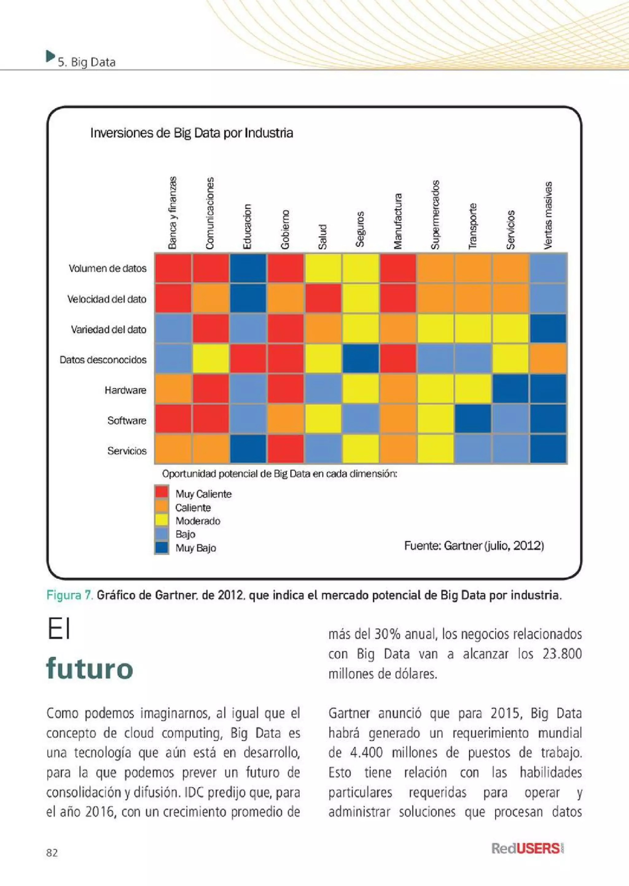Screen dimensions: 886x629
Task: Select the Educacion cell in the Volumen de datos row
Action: [x=248, y=268]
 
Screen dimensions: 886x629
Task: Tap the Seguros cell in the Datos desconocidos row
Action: [x=361, y=359]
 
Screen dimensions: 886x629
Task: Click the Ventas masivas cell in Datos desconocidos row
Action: [x=548, y=359]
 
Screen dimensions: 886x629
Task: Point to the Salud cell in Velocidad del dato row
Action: [x=323, y=299]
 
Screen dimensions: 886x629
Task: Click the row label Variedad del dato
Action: [x=108, y=330]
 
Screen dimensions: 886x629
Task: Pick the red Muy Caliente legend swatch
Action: [x=162, y=492]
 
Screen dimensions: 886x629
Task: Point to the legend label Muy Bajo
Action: [x=196, y=548]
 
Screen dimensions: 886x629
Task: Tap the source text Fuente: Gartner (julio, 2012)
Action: [x=474, y=546]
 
